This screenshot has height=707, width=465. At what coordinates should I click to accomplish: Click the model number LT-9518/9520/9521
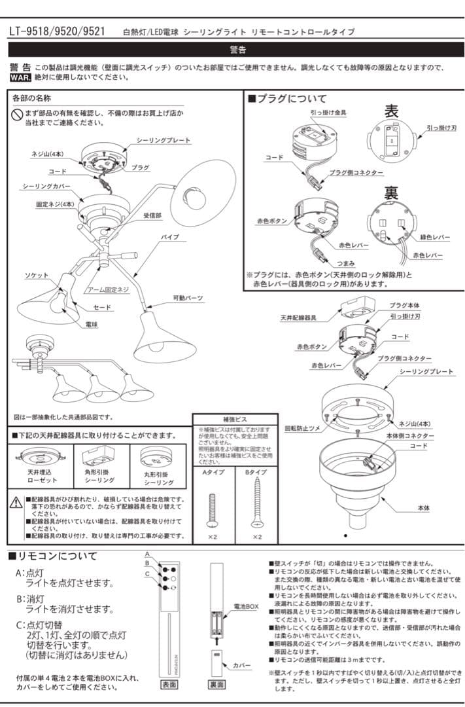(x=57, y=31)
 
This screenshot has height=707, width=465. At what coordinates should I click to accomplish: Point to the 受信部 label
(x=153, y=215)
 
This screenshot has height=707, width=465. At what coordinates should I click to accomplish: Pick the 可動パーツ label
(x=188, y=298)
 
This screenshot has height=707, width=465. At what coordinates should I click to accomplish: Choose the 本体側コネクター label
(x=413, y=435)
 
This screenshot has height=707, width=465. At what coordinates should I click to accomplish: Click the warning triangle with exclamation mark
(x=16, y=502)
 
